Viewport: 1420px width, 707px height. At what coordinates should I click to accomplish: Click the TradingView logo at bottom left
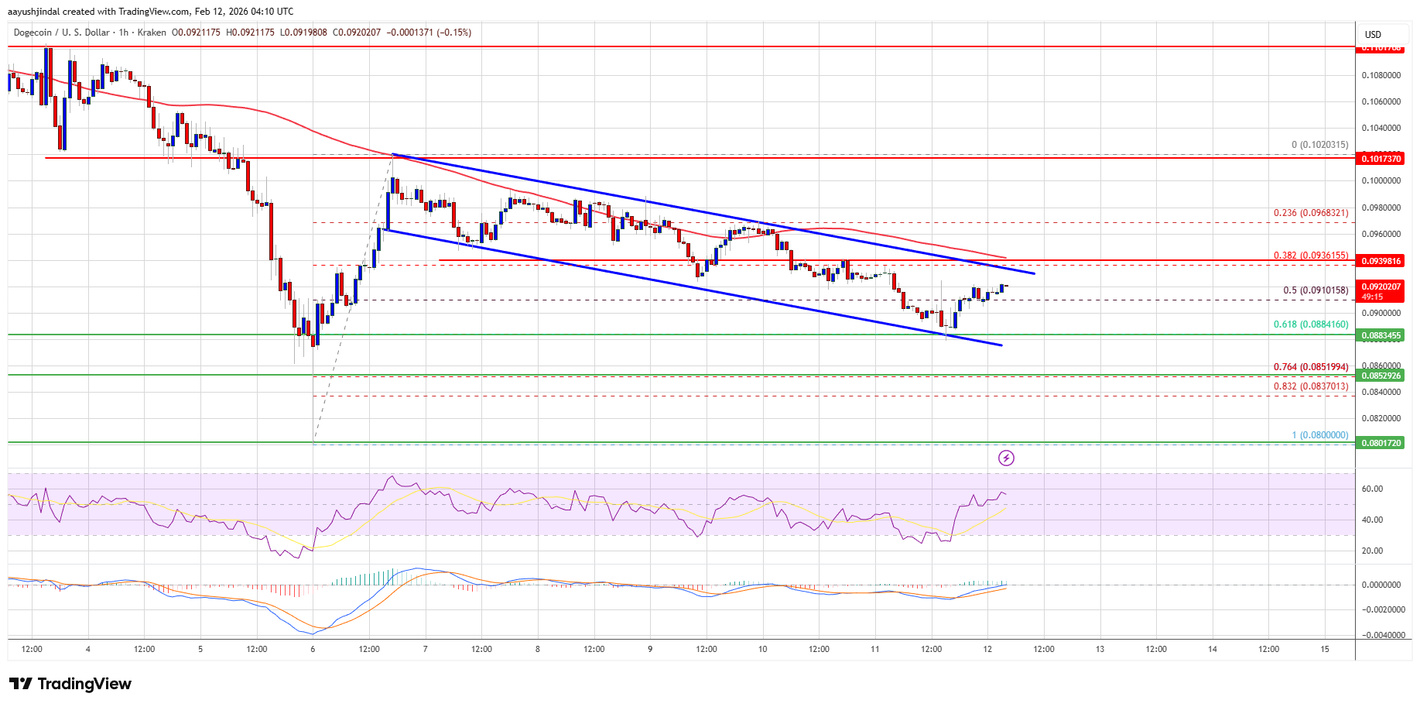tap(70, 684)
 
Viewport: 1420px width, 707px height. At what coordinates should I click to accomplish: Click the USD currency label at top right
tap(1373, 35)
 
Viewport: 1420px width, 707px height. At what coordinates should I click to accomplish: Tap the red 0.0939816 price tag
tap(1381, 261)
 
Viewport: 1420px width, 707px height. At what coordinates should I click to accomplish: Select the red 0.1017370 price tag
tap(1381, 159)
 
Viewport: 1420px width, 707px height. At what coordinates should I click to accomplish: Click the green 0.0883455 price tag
tap(1381, 335)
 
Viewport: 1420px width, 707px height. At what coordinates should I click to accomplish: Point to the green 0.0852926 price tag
tap(1381, 376)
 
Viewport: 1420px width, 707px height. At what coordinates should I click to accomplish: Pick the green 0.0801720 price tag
tap(1381, 443)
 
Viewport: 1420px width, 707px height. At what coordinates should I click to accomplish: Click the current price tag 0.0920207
tap(1381, 287)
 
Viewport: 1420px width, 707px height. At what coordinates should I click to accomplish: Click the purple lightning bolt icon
tap(1006, 458)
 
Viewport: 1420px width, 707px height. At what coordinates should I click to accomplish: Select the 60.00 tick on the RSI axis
tap(1372, 489)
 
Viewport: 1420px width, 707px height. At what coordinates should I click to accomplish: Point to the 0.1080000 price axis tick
tap(1381, 75)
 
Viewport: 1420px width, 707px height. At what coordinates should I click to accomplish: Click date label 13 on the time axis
tap(1100, 649)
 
